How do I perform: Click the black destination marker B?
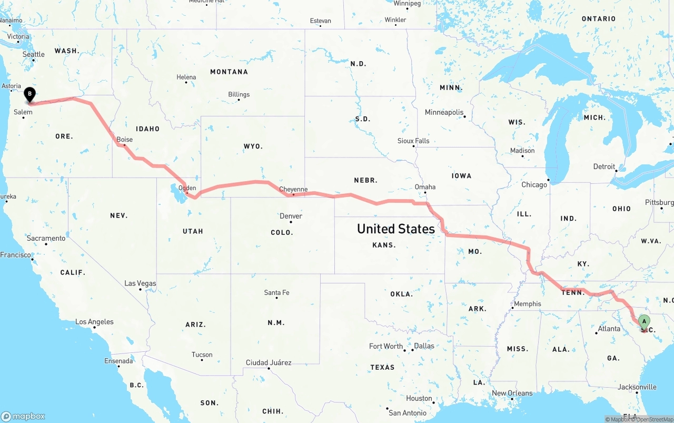(x=30, y=95)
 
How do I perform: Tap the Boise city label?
(x=125, y=140)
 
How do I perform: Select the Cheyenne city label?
(x=293, y=189)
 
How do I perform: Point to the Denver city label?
(x=291, y=216)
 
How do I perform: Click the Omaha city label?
(x=425, y=186)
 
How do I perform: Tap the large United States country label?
(x=396, y=229)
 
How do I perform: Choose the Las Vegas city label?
(x=140, y=283)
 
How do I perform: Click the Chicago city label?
(x=534, y=184)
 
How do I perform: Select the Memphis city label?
(x=528, y=303)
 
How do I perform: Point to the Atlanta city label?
(x=609, y=329)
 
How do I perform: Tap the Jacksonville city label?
(x=637, y=387)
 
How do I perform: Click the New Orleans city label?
(x=512, y=393)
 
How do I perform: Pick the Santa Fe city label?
(x=276, y=292)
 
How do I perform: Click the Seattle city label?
(x=34, y=54)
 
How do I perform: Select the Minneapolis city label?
(x=444, y=112)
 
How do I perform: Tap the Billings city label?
(x=239, y=94)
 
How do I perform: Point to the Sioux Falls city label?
(x=413, y=141)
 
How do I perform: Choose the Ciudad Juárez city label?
(x=269, y=362)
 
